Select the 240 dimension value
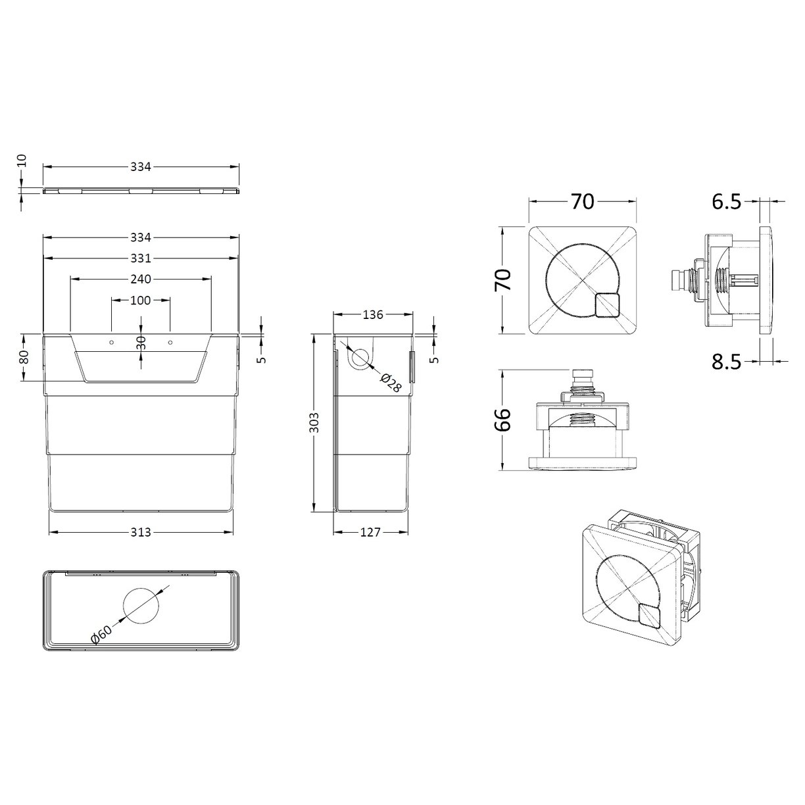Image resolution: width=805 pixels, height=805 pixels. click(x=141, y=279)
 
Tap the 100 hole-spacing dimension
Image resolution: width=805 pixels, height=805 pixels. click(x=141, y=301)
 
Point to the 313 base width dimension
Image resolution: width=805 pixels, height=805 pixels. click(x=141, y=531)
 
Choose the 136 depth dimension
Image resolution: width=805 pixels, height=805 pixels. click(x=372, y=314)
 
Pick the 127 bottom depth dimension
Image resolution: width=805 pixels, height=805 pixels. click(x=370, y=532)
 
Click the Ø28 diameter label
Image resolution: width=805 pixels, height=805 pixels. click(x=391, y=383)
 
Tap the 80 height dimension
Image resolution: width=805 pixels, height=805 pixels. click(x=23, y=357)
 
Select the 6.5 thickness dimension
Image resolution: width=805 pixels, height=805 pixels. click(x=726, y=202)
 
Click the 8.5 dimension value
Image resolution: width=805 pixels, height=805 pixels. click(x=726, y=361)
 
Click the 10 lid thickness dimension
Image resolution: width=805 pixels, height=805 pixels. click(x=21, y=160)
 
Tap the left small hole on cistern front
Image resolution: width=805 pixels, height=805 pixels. click(x=112, y=343)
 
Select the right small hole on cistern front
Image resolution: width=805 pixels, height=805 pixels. click(x=170, y=343)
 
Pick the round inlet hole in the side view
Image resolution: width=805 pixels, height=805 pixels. click(x=360, y=358)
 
